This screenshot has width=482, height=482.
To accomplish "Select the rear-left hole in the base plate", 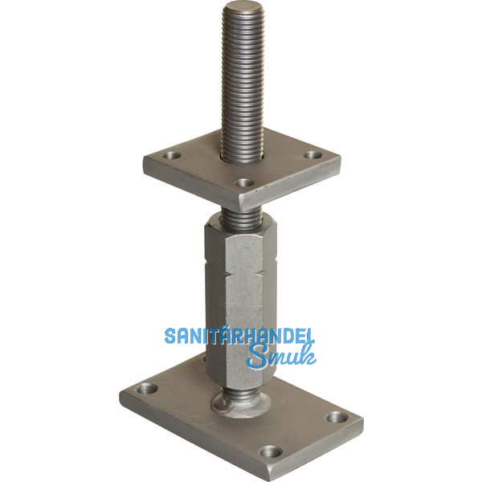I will [148, 389].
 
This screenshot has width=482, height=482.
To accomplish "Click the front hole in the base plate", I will [272, 451].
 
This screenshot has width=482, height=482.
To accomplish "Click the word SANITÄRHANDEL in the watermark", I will [239, 335].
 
